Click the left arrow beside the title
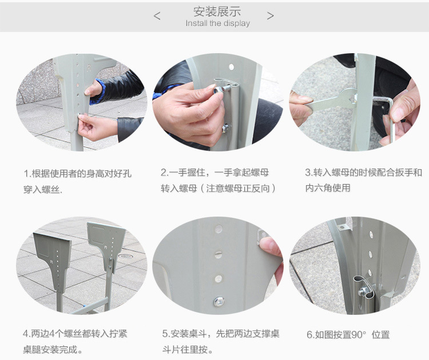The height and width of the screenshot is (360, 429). click(157, 16)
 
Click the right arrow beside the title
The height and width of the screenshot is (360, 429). click(271, 16)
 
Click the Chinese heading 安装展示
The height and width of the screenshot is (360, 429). click(217, 11)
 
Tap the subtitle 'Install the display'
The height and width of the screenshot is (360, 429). click(218, 23)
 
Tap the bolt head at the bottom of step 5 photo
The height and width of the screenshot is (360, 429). click(219, 301)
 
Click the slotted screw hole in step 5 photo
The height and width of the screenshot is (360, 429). click(218, 254)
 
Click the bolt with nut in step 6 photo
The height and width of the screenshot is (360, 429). click(363, 291)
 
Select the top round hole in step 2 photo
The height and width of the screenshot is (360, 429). click(231, 67)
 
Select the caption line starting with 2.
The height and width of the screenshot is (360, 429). click(214, 173)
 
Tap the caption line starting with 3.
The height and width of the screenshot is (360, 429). click(364, 173)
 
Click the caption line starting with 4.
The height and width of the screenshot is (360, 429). click(75, 334)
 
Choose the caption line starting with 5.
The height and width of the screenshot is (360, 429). click(221, 334)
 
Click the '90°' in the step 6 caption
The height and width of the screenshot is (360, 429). click(359, 335)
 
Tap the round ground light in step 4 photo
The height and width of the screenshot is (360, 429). click(126, 256)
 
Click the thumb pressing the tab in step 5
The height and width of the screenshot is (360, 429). click(269, 246)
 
